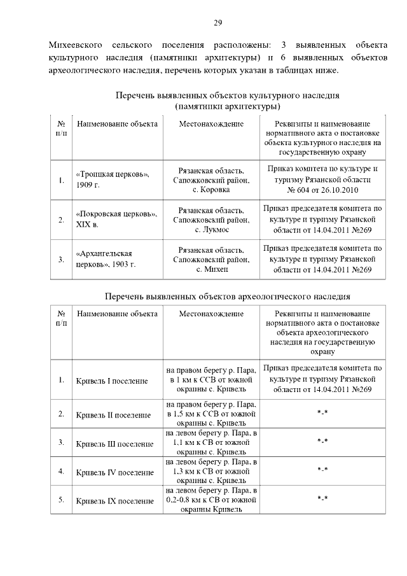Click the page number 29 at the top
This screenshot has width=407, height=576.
[217, 23]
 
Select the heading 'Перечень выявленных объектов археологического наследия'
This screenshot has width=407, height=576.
[227, 297]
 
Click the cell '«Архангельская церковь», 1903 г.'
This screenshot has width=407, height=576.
[106, 259]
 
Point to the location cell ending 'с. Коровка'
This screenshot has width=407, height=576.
[211, 180]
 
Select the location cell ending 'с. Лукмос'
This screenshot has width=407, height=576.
[211, 220]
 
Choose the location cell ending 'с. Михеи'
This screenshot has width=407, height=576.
[211, 259]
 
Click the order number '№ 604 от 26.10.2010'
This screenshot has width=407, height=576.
[323, 190]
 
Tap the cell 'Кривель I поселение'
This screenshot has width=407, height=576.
[112, 381]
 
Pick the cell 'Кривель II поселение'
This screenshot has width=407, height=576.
[113, 415]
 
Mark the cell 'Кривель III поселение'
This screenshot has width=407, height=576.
[114, 443]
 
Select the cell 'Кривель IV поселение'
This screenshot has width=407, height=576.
[114, 472]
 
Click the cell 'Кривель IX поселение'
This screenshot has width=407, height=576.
[114, 501]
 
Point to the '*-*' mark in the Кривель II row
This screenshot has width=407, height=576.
[322, 414]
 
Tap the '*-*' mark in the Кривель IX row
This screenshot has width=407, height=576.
[322, 499]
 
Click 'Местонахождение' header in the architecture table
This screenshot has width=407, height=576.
[211, 123]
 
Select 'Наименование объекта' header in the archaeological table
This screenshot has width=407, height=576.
[117, 314]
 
